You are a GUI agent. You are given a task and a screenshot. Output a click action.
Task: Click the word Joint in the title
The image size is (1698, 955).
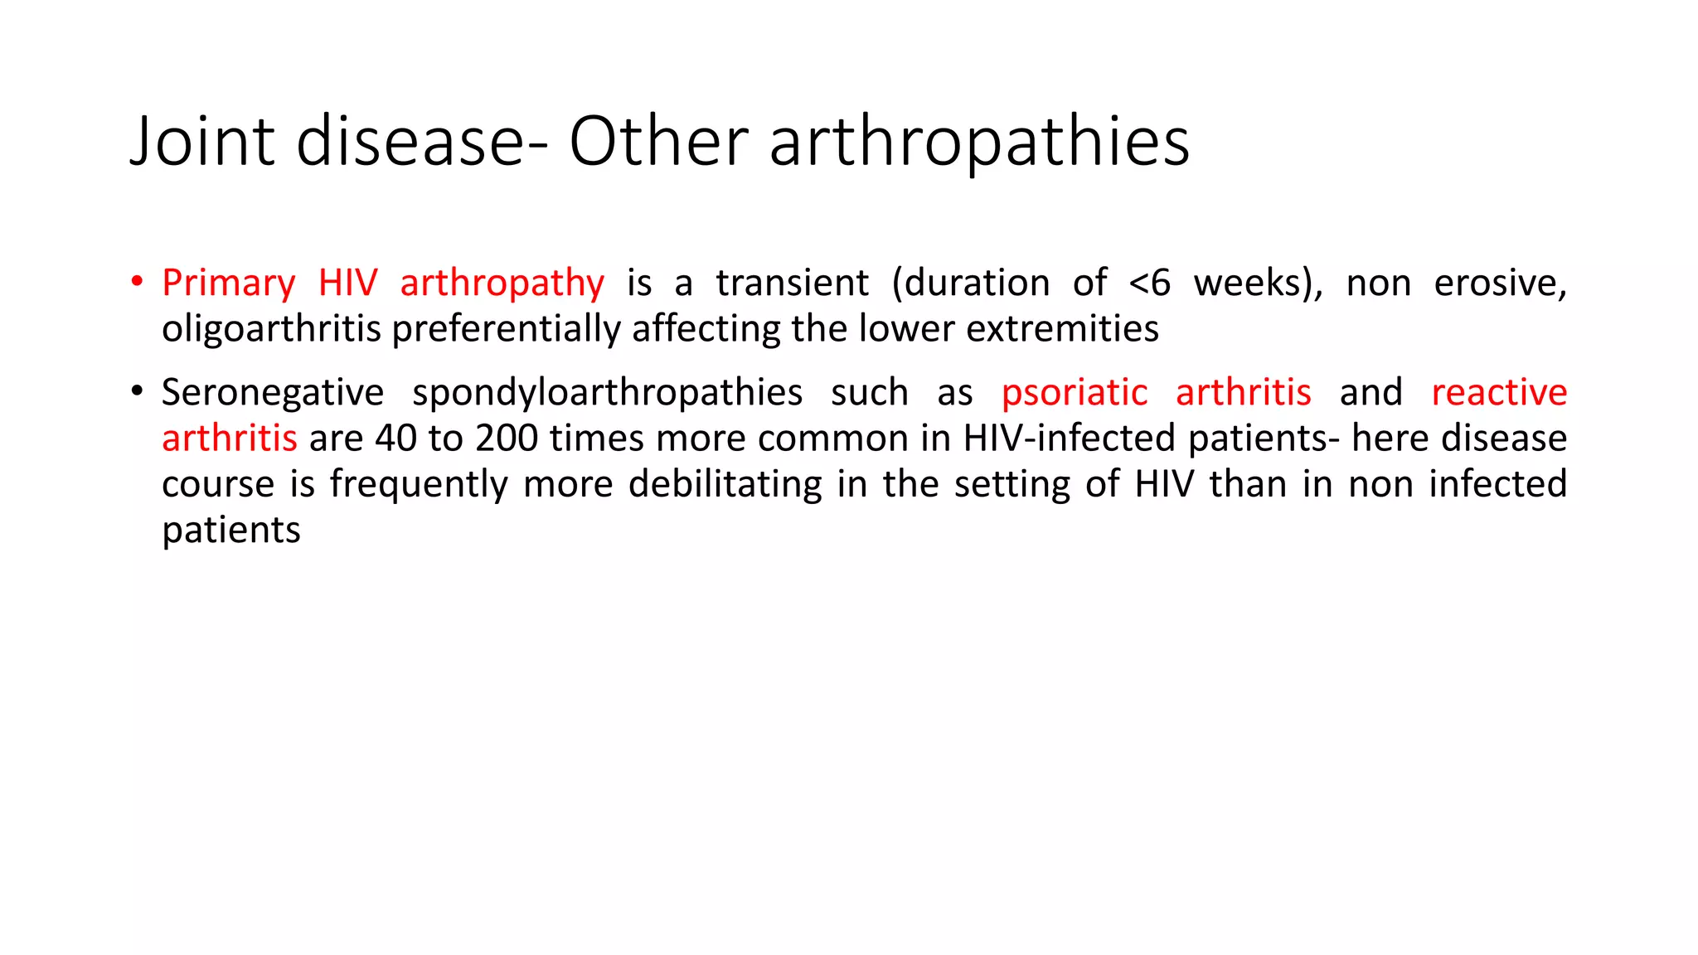tap(202, 141)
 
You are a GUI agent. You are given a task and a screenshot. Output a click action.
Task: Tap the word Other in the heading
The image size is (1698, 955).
tap(658, 141)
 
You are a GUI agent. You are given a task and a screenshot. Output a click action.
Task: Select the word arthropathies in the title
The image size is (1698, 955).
tap(979, 143)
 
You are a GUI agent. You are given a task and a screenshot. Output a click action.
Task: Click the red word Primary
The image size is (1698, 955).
tap(229, 284)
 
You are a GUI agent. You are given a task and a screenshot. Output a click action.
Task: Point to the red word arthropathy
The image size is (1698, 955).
tap(502, 284)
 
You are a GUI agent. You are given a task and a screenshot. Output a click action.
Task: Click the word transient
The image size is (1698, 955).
tap(793, 284)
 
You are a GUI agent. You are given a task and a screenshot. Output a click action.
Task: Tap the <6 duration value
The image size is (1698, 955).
tap(1150, 284)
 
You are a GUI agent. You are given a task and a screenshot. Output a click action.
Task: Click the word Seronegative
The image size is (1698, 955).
tap(273, 393)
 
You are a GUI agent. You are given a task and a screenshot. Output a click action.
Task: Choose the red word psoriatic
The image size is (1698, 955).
tap(1075, 393)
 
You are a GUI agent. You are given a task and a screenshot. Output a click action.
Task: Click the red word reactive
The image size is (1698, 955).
tap(1499, 393)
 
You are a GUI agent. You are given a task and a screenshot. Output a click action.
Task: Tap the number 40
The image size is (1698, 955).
tap(395, 439)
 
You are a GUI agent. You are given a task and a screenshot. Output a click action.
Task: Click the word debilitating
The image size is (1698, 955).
tap(725, 484)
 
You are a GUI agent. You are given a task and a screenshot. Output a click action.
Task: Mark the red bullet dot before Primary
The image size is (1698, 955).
tap(137, 282)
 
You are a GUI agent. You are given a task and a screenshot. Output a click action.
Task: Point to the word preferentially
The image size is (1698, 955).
tap(506, 330)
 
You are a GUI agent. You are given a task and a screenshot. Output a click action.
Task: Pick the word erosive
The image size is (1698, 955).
tap(1501, 284)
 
